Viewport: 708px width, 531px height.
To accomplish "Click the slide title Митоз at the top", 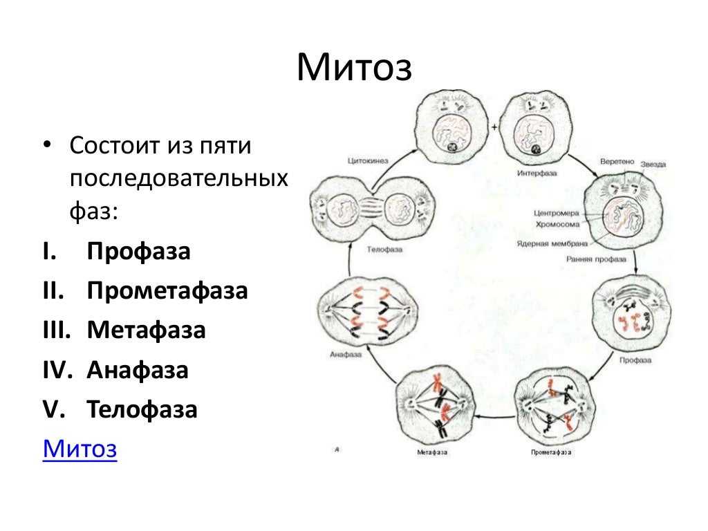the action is pyautogui.click(x=354, y=68).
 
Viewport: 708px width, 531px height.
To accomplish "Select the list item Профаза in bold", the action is pyautogui.click(x=138, y=251).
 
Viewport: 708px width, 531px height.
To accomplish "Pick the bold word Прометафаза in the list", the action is pyautogui.click(x=167, y=290).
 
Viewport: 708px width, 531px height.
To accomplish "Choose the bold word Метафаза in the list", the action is pyautogui.click(x=146, y=330).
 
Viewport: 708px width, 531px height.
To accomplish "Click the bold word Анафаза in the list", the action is pyautogui.click(x=138, y=370).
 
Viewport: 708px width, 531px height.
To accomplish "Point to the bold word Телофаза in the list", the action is pyautogui.click(x=142, y=409).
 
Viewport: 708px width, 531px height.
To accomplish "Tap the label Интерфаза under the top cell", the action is pyautogui.click(x=537, y=173).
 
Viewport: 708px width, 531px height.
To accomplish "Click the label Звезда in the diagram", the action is pyautogui.click(x=653, y=165).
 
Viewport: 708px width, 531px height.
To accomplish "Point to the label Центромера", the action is pyautogui.click(x=556, y=213).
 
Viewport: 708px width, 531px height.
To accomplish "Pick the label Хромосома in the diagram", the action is pyautogui.click(x=558, y=223).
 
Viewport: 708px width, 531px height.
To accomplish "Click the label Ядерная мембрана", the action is pyautogui.click(x=552, y=243).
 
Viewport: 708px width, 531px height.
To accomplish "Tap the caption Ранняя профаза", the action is pyautogui.click(x=596, y=259).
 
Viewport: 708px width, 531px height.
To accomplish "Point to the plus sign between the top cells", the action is pyautogui.click(x=494, y=129).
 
